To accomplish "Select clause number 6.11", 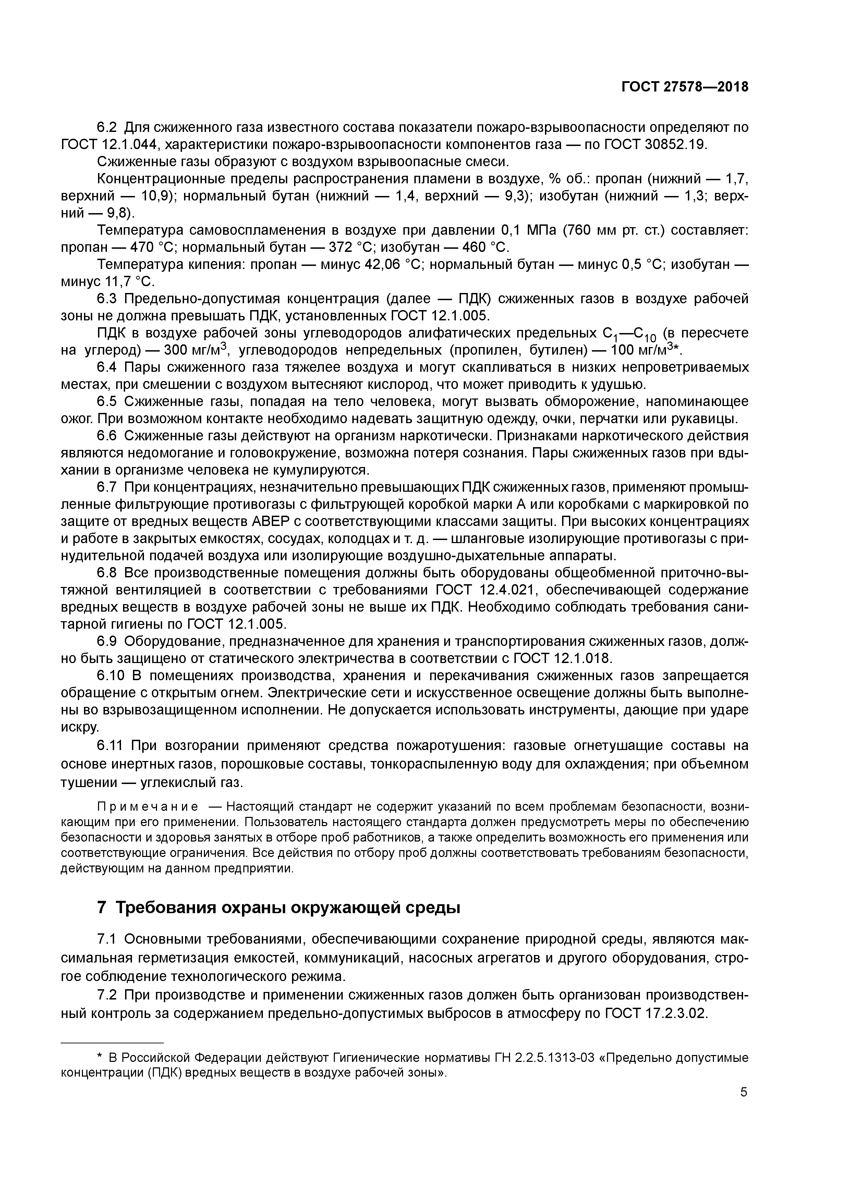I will [111, 745].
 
